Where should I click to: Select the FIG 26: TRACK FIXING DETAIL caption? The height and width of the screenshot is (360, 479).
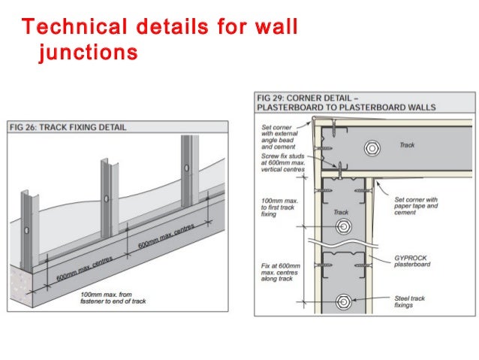(x=68, y=127)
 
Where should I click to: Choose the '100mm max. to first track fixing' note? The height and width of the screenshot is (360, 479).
(x=277, y=207)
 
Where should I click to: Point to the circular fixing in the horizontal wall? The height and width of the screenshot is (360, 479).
(x=371, y=148)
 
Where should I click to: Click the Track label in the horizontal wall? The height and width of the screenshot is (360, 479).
(x=406, y=145)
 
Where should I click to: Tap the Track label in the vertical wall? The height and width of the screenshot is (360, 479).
(x=341, y=212)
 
